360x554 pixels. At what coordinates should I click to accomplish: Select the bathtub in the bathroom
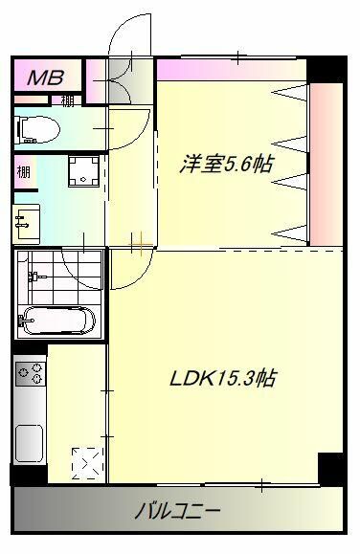pos(58,319)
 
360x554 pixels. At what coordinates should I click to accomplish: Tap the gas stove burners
pos(30,372)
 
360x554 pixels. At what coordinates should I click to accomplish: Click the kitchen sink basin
pos(29,442)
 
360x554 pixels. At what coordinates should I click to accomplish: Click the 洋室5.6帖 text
pos(226,164)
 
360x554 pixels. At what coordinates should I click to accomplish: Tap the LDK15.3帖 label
pos(222,379)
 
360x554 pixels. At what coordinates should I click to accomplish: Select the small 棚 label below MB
pos(67,100)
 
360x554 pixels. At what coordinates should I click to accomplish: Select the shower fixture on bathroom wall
pos(34,277)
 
